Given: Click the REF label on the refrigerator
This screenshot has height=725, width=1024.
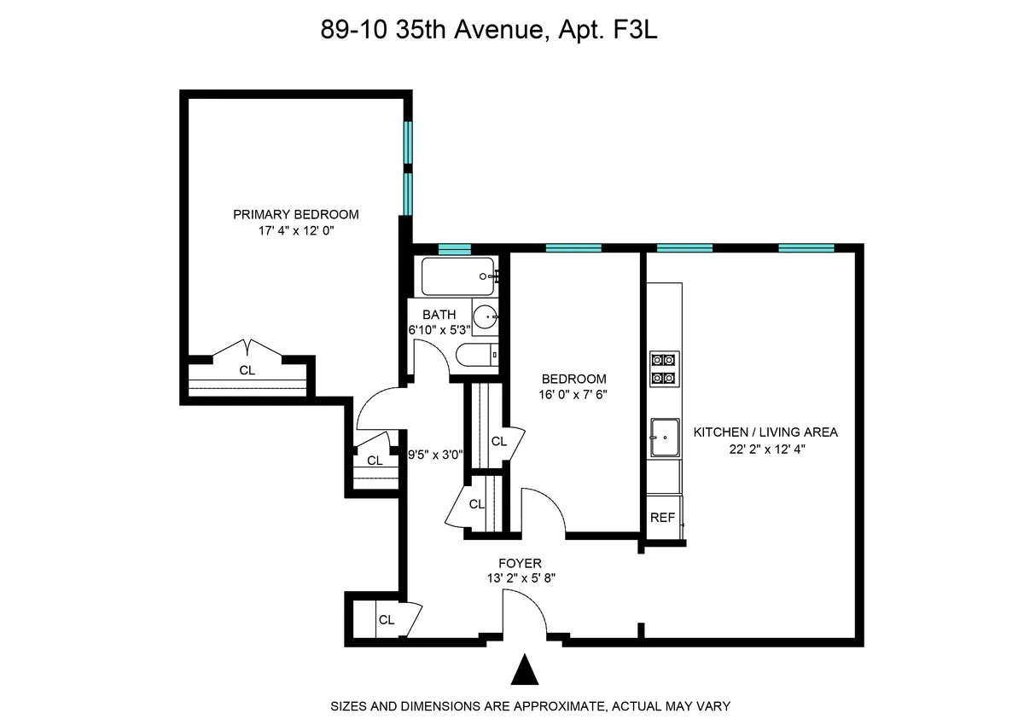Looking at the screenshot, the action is click(662, 518).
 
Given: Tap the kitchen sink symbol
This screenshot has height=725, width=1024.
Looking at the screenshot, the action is click(665, 438).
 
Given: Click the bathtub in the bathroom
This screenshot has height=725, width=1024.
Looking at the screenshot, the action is click(457, 276).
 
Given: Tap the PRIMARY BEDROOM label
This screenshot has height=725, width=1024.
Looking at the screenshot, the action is click(295, 214).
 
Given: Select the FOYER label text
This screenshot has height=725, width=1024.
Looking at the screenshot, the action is click(520, 563).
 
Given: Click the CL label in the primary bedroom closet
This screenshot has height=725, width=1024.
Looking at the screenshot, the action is click(247, 370).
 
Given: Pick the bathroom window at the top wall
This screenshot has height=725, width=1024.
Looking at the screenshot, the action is click(454, 249).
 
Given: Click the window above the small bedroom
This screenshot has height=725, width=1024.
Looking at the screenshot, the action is click(573, 249).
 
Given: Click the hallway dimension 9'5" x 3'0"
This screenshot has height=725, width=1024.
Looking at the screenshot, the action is click(435, 455).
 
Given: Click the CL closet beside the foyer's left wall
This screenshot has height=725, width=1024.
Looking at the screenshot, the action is click(387, 620).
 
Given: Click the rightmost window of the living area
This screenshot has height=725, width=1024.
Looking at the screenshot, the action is click(806, 249).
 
